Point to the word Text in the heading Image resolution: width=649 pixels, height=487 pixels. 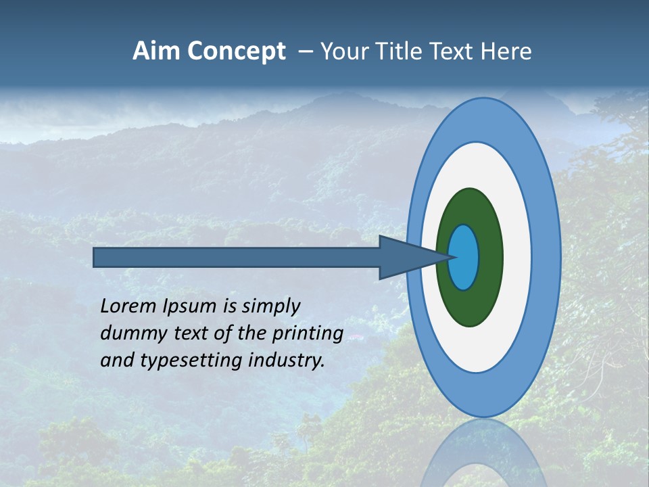coord(452,51)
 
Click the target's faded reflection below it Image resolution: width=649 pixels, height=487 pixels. coord(483,453)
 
